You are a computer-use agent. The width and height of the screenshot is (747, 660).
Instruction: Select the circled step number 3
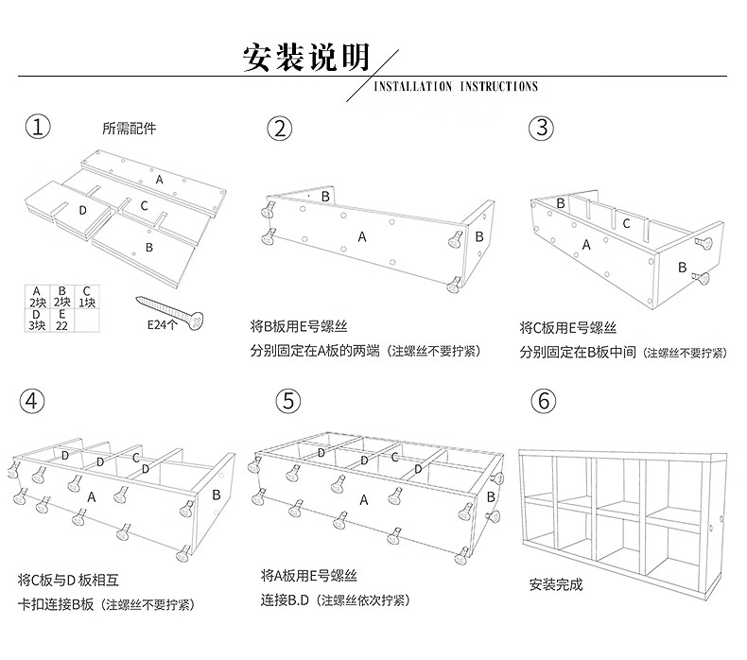(x=540, y=129)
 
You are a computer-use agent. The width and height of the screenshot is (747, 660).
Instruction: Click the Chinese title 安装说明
(x=305, y=58)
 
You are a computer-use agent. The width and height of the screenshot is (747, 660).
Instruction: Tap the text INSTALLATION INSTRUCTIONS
(x=456, y=86)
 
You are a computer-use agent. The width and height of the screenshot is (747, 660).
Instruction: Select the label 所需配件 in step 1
(x=130, y=129)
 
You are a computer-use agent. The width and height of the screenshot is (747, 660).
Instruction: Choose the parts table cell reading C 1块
(x=86, y=297)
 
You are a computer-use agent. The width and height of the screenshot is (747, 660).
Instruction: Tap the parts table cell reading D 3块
(x=36, y=320)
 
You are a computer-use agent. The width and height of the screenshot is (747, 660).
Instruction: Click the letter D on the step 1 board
(x=82, y=209)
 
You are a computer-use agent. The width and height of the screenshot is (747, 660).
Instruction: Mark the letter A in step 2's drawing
(x=362, y=236)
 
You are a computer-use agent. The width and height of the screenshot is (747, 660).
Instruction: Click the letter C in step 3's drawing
(x=626, y=224)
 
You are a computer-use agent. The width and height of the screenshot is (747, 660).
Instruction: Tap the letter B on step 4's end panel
(x=216, y=494)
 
